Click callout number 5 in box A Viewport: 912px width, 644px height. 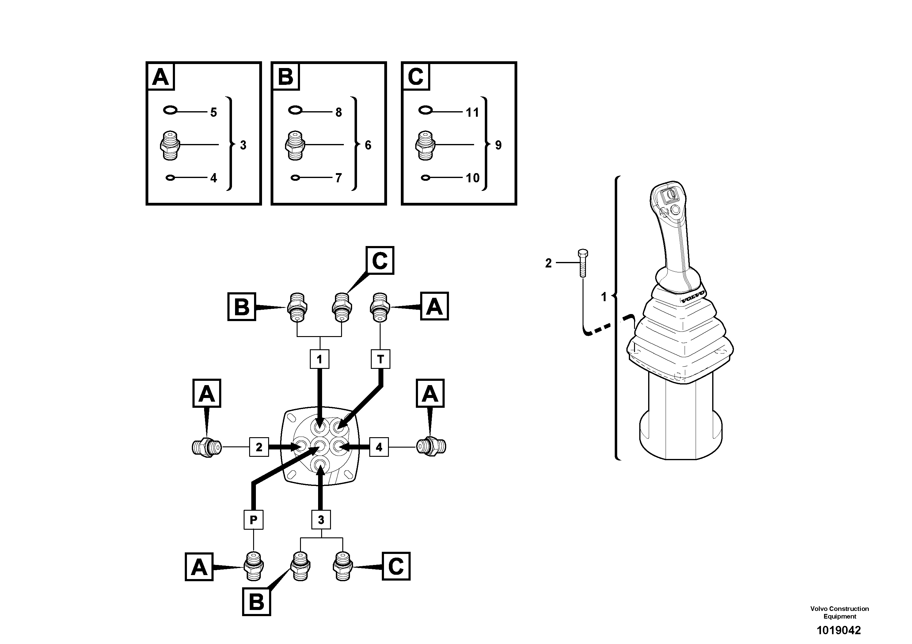pos(214,112)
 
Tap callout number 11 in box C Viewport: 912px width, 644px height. pos(472,112)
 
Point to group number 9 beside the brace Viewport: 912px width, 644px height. pos(498,145)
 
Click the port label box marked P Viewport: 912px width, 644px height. pos(253,519)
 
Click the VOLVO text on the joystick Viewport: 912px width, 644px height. pos(693,297)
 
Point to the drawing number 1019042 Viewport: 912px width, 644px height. pos(838,631)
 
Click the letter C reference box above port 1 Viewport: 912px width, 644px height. pos(380,260)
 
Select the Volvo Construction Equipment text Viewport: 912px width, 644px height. pos(839,612)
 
